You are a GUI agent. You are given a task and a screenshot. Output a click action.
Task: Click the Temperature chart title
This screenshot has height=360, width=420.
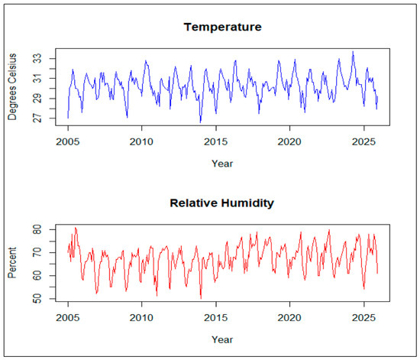(x=222, y=27)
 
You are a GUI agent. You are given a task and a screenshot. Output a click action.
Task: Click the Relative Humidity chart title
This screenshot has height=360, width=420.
(x=221, y=203)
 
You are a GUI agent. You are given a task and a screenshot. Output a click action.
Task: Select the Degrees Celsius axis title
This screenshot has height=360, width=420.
(x=12, y=86)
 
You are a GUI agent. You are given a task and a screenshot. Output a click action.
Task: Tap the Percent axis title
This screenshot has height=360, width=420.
(x=12, y=263)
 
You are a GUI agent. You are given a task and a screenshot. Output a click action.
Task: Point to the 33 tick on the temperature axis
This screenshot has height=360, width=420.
(x=37, y=58)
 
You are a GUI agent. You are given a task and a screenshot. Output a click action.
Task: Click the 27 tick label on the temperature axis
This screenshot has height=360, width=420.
(x=37, y=118)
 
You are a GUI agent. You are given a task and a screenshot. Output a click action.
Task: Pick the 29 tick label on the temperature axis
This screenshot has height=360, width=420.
(x=37, y=99)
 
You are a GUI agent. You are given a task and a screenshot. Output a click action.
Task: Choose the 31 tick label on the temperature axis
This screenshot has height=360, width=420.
(x=37, y=78)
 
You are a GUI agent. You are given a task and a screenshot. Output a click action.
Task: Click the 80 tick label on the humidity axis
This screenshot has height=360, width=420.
(x=37, y=230)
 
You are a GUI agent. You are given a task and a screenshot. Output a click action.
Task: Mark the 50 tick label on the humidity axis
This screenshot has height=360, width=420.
(x=37, y=299)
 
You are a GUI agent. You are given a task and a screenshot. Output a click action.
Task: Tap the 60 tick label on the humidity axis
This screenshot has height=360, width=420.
(x=37, y=276)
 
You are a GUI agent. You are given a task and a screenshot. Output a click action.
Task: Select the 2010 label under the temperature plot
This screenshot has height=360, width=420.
(x=141, y=142)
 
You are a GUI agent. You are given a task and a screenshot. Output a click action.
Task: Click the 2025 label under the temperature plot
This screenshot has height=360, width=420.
(x=363, y=142)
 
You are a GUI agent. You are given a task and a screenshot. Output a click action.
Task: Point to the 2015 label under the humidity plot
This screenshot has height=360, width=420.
(x=216, y=318)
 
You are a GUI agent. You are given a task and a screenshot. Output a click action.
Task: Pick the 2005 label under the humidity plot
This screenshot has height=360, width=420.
(x=68, y=318)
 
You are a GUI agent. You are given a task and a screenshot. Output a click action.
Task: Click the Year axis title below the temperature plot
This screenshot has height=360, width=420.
(x=222, y=164)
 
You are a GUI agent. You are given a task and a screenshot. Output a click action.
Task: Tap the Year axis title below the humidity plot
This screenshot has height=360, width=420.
(x=222, y=339)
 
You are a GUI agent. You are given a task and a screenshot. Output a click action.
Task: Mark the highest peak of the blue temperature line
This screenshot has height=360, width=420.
(x=353, y=51)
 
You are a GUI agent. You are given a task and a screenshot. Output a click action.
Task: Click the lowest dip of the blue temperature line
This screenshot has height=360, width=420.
(x=200, y=122)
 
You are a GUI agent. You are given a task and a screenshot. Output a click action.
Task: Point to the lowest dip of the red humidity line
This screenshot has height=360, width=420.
(x=201, y=298)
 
